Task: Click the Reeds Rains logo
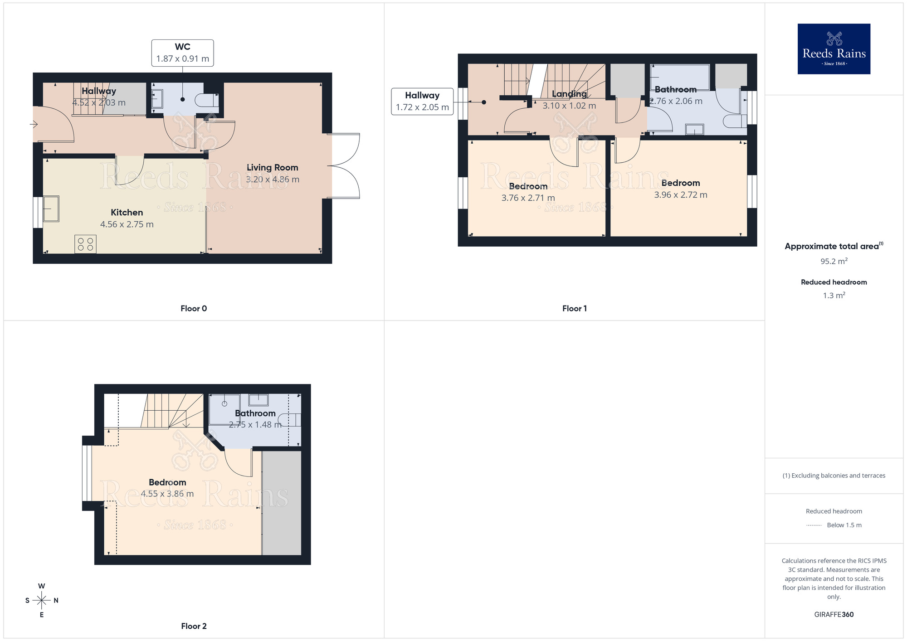click(834, 49)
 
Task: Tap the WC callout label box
click(182, 53)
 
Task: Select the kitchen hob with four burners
click(85, 244)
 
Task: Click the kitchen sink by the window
click(51, 209)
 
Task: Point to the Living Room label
click(272, 168)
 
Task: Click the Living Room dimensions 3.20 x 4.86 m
click(272, 180)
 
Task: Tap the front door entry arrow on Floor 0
click(34, 124)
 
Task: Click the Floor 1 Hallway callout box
click(422, 102)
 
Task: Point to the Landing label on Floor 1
click(569, 94)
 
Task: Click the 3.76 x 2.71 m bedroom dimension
click(528, 198)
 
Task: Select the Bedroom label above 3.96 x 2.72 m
click(680, 183)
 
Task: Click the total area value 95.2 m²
click(834, 262)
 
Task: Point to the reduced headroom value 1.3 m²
click(834, 296)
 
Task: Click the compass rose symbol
click(42, 600)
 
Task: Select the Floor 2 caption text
click(194, 626)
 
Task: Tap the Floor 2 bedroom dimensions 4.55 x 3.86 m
click(167, 494)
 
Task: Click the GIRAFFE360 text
click(834, 615)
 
